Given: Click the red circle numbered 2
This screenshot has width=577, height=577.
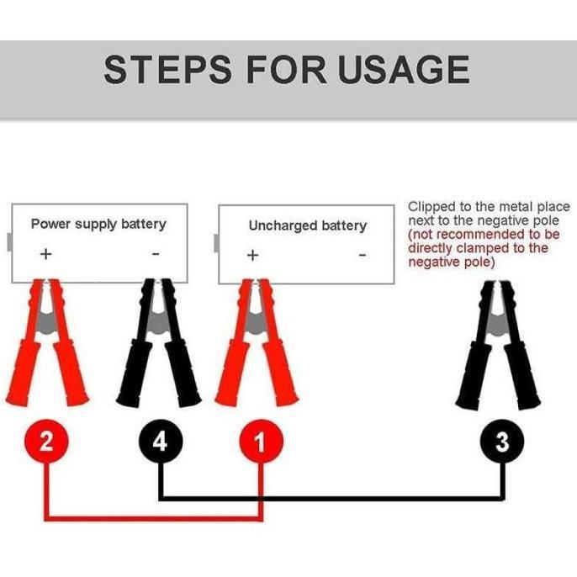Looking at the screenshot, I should click(46, 442).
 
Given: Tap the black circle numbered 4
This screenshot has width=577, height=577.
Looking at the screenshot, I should click(159, 442).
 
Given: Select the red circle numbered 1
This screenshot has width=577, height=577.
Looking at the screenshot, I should click(259, 442).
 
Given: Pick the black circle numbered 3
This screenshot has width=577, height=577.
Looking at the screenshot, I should click(502, 442).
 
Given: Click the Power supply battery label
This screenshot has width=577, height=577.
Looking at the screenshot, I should click(98, 224).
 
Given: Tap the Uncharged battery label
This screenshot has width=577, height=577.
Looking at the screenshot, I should click(307, 225).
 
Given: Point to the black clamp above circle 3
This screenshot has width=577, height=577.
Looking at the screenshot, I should click(498, 345).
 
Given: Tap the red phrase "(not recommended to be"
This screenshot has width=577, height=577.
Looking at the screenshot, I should click(479, 235).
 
